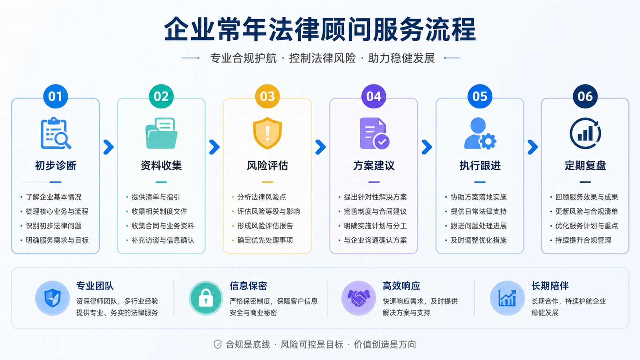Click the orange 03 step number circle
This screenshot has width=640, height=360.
267,96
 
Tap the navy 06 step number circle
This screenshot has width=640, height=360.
585,96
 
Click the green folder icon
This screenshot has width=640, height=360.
161,133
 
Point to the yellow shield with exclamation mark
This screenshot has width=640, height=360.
267,133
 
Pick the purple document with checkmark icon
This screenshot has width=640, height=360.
374,133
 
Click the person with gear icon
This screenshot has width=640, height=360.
480,133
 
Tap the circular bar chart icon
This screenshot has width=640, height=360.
585,133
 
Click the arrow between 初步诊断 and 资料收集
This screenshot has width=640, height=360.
108,147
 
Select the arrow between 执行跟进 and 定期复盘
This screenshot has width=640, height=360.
533,147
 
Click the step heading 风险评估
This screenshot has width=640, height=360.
267,166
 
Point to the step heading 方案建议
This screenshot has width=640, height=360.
374,166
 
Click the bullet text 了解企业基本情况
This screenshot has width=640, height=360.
54,197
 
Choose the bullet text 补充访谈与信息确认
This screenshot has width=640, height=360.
163,240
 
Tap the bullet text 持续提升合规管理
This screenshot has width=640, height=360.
583,240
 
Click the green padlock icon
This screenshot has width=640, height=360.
206,298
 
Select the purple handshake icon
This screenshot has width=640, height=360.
359,298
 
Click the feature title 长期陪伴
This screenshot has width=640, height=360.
550,286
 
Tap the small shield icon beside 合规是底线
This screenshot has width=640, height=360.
217,344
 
